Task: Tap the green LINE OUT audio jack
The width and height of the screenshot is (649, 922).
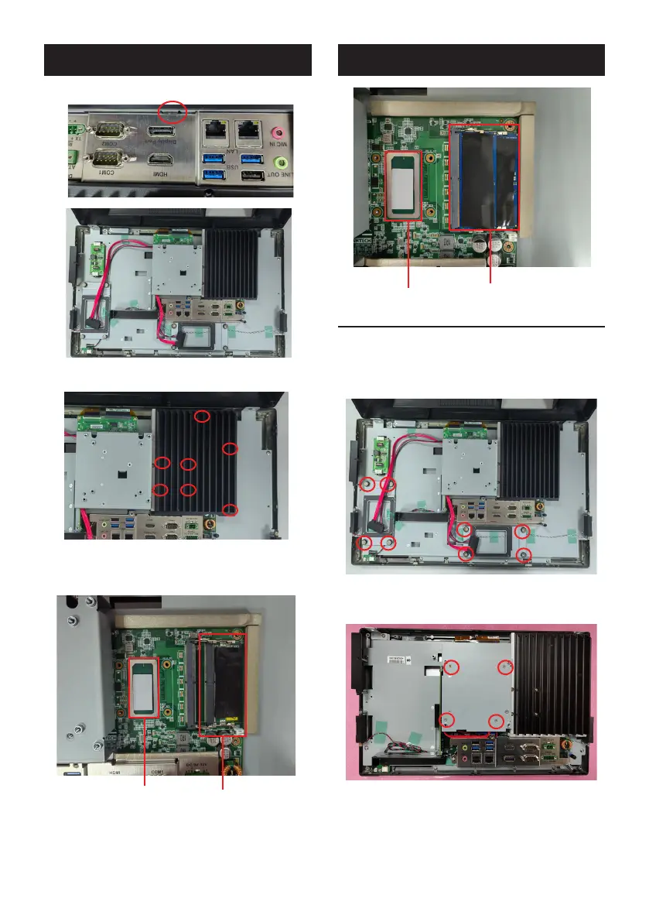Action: click(x=283, y=163)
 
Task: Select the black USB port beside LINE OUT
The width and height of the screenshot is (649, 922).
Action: click(x=251, y=177)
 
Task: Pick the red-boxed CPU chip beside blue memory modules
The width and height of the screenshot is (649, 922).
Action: click(x=403, y=184)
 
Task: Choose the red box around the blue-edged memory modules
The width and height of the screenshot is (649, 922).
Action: click(x=484, y=177)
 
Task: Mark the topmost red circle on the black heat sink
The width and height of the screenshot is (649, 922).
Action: click(x=202, y=416)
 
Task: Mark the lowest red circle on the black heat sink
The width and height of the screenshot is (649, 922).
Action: click(x=230, y=509)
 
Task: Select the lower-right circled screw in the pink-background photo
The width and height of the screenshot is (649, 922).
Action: click(x=495, y=721)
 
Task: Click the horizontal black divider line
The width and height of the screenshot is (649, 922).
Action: click(x=471, y=327)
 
